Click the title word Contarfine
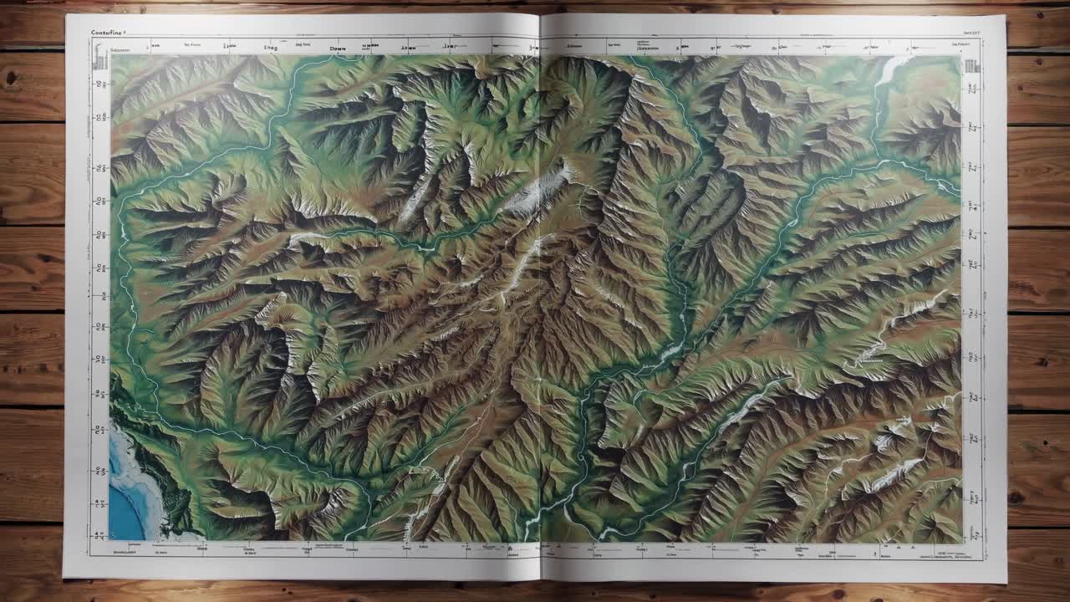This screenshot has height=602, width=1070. [x=110, y=33]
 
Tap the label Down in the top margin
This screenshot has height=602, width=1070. [x=337, y=48]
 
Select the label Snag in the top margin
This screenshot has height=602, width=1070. [x=271, y=48]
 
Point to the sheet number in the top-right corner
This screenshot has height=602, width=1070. [x=968, y=33]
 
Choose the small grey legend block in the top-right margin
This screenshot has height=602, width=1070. [x=971, y=66]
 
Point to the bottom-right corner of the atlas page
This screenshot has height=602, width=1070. [x=1006, y=582]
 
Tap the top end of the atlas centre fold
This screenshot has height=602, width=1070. [x=540, y=14]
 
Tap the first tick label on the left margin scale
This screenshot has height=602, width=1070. [x=103, y=84]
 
